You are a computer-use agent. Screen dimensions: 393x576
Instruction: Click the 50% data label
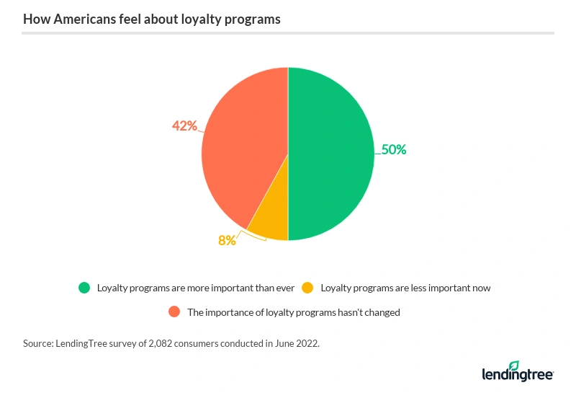(x=394, y=150)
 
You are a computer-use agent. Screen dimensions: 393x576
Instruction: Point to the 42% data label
(x=184, y=125)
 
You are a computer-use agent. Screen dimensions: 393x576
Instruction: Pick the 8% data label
(x=228, y=240)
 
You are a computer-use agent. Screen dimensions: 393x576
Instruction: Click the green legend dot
(x=84, y=288)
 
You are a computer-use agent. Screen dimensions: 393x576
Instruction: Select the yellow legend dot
(x=307, y=288)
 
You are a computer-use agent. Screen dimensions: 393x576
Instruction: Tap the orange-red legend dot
(x=174, y=312)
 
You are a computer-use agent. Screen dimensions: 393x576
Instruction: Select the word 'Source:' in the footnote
(x=39, y=344)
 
